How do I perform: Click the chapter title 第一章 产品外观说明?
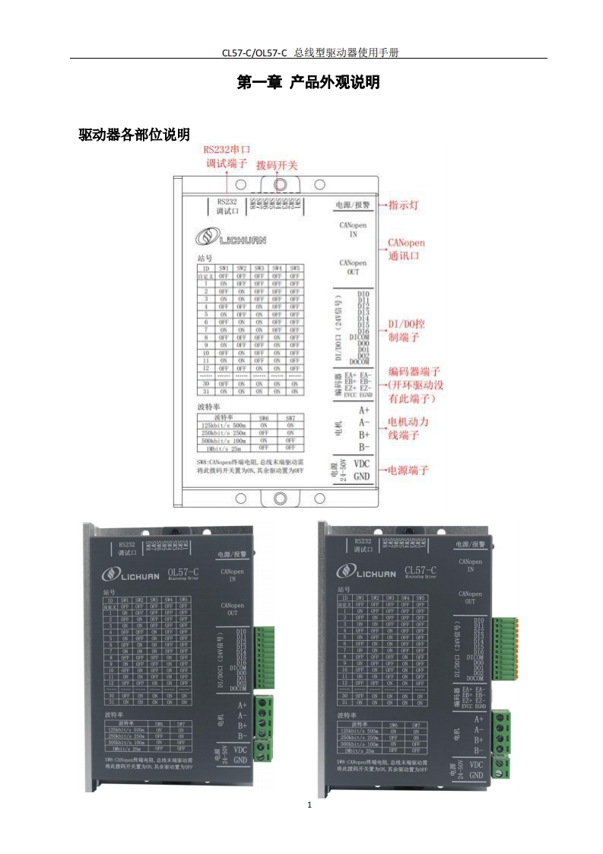[x=308, y=83]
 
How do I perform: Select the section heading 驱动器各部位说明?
[x=135, y=135]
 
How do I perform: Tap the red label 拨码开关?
[x=277, y=164]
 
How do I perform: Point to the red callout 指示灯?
[x=404, y=206]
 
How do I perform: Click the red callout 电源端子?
[x=409, y=470]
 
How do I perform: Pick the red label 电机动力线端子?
[x=409, y=428]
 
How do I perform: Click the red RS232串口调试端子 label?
[x=227, y=157]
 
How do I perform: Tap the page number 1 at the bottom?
[x=309, y=805]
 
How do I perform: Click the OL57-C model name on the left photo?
[x=183, y=572]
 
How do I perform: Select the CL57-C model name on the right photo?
[x=421, y=571]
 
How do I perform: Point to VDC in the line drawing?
[x=361, y=463]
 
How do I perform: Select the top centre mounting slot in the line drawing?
[x=279, y=184]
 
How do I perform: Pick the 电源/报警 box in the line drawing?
[x=351, y=205]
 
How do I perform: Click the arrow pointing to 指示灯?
[x=382, y=206]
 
